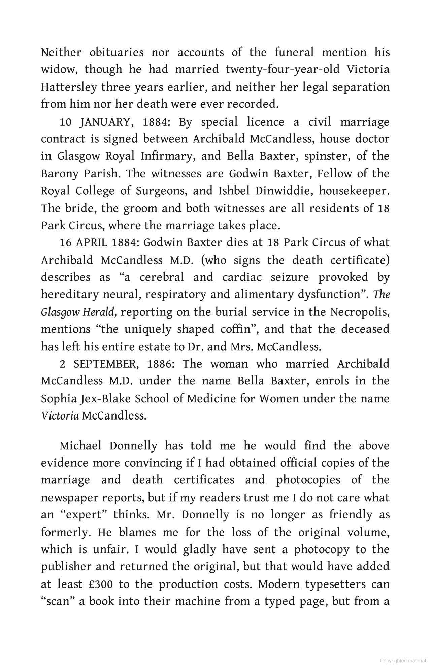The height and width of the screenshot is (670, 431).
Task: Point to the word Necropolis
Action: [360, 312]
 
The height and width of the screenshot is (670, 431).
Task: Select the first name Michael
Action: [80, 446]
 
